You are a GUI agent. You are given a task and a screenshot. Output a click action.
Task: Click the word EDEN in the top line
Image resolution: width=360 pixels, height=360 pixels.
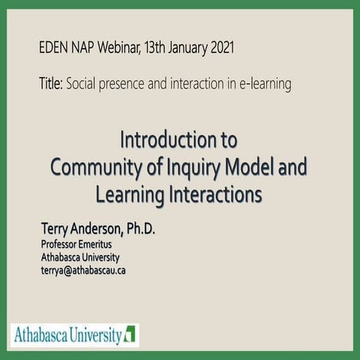[x=53, y=49]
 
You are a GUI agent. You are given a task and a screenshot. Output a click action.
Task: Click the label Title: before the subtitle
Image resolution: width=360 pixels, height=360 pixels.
[x=50, y=83]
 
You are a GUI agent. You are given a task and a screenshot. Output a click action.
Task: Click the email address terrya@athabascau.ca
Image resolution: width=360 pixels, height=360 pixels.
[x=83, y=270]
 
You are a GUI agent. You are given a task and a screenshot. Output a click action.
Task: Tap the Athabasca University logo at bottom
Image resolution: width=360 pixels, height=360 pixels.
[x=76, y=334]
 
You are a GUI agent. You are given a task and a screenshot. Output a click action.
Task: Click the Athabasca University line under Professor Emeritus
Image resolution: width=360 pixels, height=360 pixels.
[x=80, y=257]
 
